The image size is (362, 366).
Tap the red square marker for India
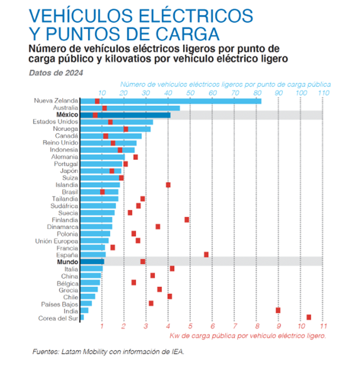278,310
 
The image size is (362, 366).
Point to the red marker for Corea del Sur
309,317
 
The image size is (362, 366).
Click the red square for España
206,254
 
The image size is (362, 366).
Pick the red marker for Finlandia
187,219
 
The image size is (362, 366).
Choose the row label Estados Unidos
56,122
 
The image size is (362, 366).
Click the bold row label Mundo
67,262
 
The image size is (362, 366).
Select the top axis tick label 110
324,93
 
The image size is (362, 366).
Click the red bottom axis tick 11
322,326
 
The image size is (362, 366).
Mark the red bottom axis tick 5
190,326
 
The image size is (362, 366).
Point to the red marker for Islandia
168,185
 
